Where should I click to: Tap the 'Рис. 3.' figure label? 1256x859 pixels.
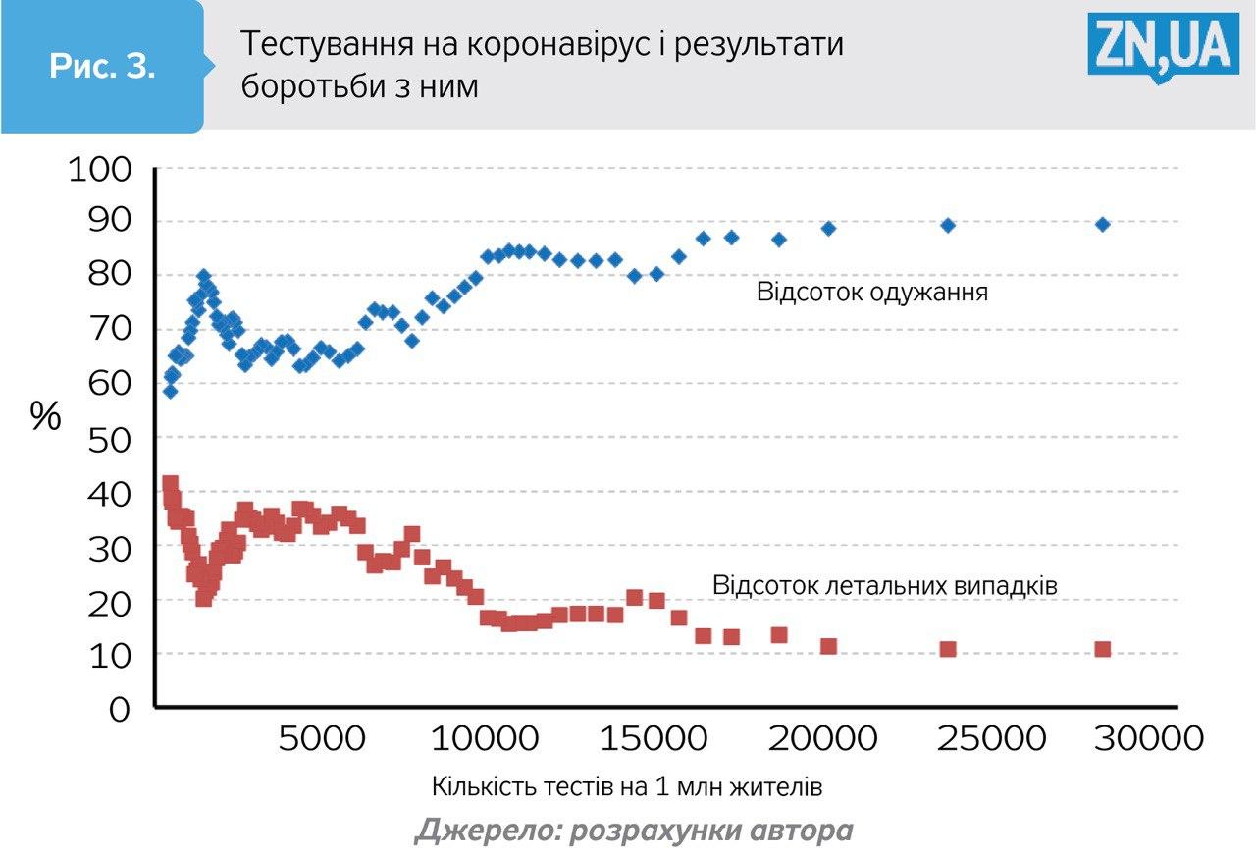coord(102,68)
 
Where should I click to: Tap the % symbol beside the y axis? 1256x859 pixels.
coord(45,416)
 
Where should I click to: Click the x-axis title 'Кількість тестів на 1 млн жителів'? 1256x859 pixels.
coord(626,787)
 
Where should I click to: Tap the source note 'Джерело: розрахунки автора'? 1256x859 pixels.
coord(634,831)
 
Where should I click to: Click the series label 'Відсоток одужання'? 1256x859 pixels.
coord(871,293)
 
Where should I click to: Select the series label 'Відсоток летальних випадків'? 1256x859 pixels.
coord(885,585)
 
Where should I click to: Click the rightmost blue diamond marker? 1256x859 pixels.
coord(1102,224)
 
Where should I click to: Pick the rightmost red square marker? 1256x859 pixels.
coord(1102,649)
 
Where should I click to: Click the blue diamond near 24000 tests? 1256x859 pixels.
coord(948,225)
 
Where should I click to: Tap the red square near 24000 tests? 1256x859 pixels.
coord(948,649)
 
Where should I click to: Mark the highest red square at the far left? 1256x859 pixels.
coord(170,483)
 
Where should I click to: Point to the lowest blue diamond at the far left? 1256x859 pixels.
coord(170,391)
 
